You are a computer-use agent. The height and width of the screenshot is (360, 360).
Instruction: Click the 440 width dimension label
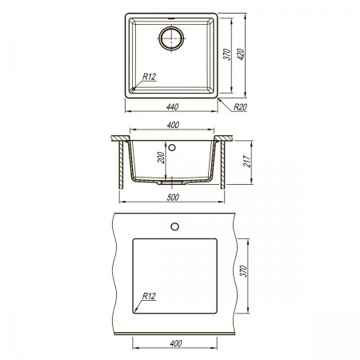pyautogui.click(x=172, y=107)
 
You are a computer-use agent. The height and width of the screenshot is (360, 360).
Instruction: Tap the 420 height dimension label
pyautogui.click(x=241, y=54)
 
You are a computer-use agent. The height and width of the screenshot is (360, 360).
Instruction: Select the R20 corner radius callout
pyautogui.click(x=240, y=107)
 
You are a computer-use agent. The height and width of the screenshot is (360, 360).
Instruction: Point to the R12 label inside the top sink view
pyautogui.click(x=149, y=77)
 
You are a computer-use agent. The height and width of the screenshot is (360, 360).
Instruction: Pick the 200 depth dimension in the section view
pyautogui.click(x=161, y=158)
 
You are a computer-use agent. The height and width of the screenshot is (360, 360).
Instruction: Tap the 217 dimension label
pyautogui.click(x=247, y=161)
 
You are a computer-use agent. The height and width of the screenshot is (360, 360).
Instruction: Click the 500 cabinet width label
pyautogui.click(x=173, y=198)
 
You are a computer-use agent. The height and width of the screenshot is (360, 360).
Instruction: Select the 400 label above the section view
pyautogui.click(x=173, y=125)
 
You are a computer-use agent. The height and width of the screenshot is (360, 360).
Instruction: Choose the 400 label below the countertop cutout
pyautogui.click(x=176, y=343)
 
